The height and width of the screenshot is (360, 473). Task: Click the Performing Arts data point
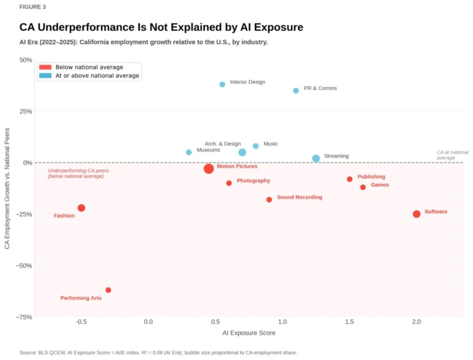(108, 290)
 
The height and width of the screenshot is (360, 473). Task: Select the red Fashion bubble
(81, 208)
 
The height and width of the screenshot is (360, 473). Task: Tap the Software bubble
(416, 214)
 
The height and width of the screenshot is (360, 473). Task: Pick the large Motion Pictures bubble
(209, 168)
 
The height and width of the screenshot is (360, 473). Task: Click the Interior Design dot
(222, 84)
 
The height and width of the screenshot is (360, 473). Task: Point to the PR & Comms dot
(296, 91)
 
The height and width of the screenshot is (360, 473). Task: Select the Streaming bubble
(316, 158)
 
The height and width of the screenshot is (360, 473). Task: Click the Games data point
(363, 187)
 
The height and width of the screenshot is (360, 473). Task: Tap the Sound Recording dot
(269, 199)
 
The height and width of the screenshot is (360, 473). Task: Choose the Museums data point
(189, 152)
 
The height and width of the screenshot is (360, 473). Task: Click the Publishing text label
(371, 177)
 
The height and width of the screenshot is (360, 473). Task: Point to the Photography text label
(253, 181)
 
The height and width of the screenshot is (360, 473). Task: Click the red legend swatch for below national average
(45, 67)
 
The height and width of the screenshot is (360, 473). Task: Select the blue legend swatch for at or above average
(45, 76)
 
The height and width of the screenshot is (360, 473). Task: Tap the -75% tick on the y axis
(24, 317)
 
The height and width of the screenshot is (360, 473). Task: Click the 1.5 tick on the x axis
(349, 322)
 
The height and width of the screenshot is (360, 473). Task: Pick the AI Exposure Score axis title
(249, 333)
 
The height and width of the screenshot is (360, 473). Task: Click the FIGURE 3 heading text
(32, 7)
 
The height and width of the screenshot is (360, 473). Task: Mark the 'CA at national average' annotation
(452, 155)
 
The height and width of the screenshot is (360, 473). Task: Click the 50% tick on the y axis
(25, 60)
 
